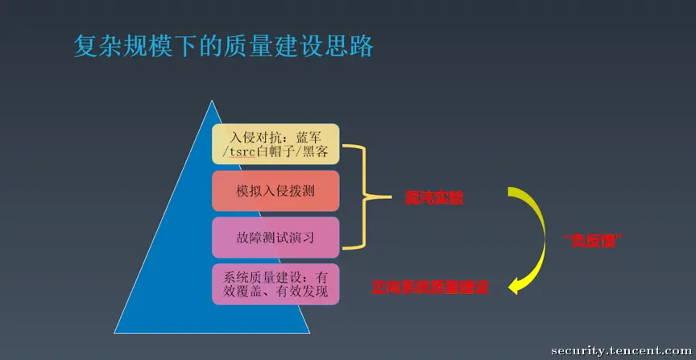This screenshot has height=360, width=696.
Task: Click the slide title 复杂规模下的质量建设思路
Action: click(223, 46)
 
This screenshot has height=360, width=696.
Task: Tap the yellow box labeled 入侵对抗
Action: click(275, 143)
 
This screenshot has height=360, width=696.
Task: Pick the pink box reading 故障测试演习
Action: click(275, 238)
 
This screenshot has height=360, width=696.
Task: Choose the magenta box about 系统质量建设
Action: click(275, 283)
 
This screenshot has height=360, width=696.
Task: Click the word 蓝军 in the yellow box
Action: click(313, 134)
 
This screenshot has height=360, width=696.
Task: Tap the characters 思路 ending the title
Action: click(354, 46)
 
